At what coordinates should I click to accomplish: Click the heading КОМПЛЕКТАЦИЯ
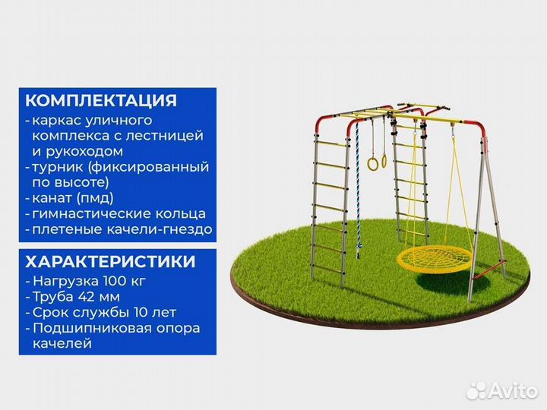tap(101, 101)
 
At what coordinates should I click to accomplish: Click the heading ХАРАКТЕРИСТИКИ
tap(110, 262)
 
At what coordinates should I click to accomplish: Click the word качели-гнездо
tap(172, 229)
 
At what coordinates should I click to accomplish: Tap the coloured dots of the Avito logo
tap(476, 390)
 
